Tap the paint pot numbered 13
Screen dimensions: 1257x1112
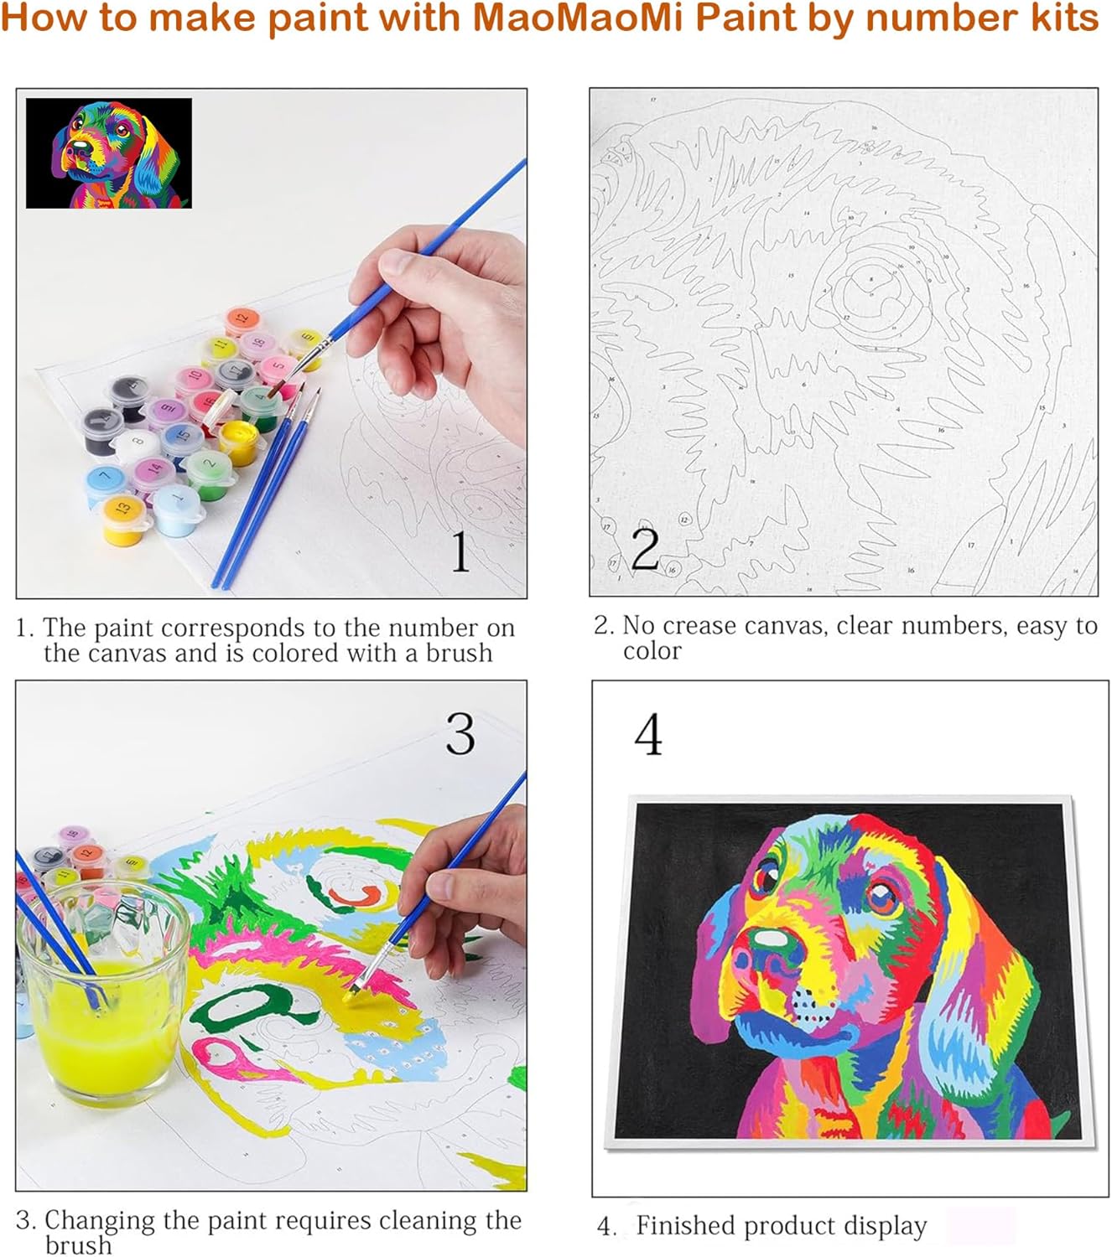pyautogui.click(x=122, y=510)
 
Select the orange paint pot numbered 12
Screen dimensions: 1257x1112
pyautogui.click(x=241, y=321)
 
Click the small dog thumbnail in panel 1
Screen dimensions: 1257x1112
pyautogui.click(x=109, y=153)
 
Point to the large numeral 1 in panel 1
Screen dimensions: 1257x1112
pyautogui.click(x=460, y=551)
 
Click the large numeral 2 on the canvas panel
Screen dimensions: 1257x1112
pyautogui.click(x=644, y=549)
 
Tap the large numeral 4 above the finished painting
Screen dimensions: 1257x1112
pyautogui.click(x=647, y=735)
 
